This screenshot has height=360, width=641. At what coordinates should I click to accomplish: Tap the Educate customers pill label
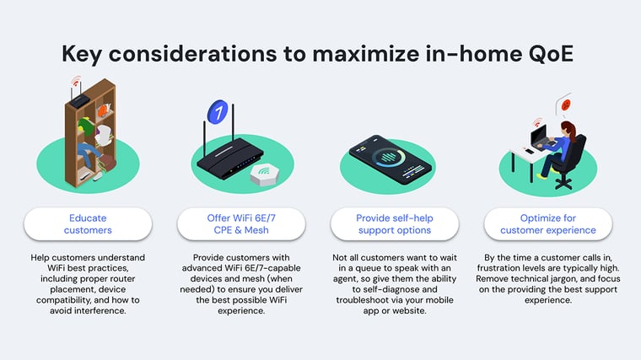88,224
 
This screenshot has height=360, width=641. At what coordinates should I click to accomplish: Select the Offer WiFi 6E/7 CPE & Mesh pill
241,224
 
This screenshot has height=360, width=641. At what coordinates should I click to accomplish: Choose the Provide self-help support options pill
395,224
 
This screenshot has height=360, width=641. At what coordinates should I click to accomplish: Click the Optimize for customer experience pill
547,224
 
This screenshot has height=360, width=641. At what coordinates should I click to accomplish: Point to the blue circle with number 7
218,111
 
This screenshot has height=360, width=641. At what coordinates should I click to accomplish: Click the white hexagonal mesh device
265,175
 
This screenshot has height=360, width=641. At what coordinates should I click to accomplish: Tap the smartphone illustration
390,159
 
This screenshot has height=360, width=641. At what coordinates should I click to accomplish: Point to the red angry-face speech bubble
565,105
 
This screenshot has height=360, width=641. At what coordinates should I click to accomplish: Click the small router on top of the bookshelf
79,100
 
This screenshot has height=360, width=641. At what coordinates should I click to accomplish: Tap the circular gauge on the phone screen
390,158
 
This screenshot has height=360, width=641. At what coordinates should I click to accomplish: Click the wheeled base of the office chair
563,182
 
